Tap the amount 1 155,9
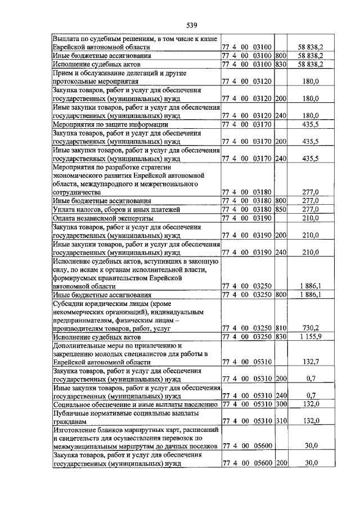309,336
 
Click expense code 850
281,209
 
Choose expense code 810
281,328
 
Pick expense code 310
281,421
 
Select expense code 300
281,404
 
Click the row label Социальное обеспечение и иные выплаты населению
135,404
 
